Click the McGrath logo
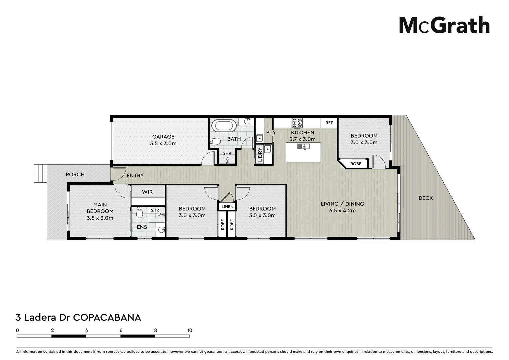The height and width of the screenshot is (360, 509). (x=444, y=25)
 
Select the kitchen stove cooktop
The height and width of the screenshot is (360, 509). (x=297, y=123)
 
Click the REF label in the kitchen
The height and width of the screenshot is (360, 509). (x=329, y=123)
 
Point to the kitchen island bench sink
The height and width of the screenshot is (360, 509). (x=303, y=146)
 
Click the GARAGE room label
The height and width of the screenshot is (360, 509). (x=163, y=137)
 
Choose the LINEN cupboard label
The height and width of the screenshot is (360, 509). (x=227, y=207)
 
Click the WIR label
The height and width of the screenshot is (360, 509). (x=147, y=192)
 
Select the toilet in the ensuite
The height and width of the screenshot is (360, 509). (x=139, y=212)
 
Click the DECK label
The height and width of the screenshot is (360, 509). (x=425, y=198)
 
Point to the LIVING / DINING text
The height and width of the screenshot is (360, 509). (x=342, y=204)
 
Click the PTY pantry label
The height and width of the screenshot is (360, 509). (x=271, y=132)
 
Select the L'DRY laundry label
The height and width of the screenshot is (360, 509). (x=260, y=155)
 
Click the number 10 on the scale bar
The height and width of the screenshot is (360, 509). (x=189, y=330)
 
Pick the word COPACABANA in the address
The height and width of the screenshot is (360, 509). (x=107, y=317)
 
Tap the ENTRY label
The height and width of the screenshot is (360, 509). (x=135, y=175)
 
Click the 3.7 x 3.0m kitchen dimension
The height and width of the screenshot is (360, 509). (x=302, y=139)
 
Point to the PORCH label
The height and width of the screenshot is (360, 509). (x=75, y=174)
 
